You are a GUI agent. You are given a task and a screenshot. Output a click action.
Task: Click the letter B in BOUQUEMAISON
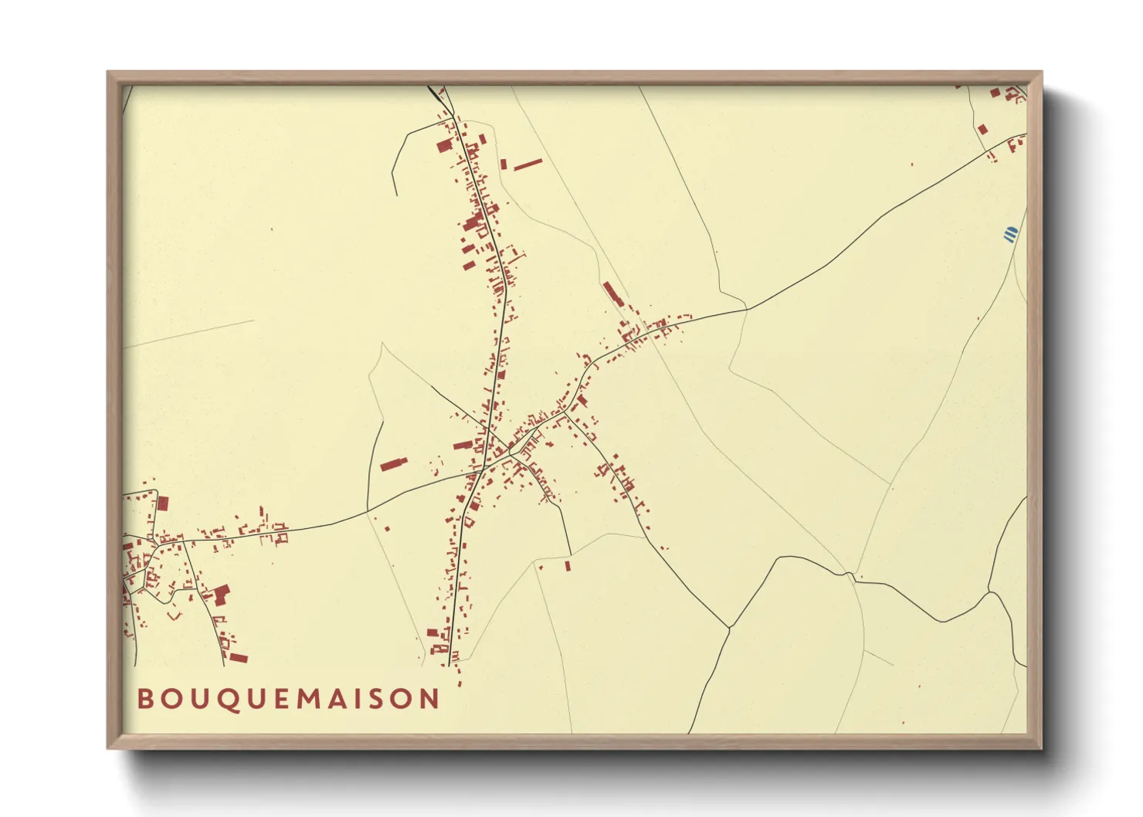pos(145,699)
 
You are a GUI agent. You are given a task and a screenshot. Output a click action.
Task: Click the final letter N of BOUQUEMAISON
pos(429,699)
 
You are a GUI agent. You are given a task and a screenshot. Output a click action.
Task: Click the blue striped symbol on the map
pos(1009,234)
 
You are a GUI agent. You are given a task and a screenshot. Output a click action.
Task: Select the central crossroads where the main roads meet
pos(484,467)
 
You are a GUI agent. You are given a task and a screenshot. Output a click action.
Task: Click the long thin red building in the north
pos(528,164)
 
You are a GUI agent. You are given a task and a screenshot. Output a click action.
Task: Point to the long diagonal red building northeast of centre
pos(612,293)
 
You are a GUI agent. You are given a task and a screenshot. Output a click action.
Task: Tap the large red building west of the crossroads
pos(392,465)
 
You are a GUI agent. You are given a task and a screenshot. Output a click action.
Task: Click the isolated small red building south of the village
pos(568,566)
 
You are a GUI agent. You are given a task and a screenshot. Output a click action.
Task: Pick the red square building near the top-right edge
pos(982,129)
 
